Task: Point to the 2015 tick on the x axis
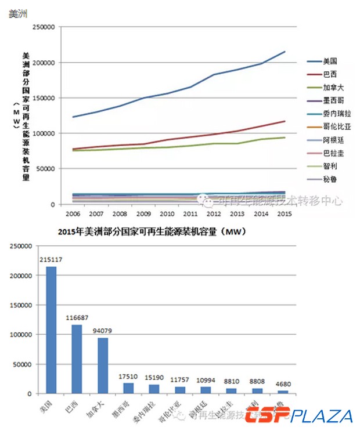(285, 212)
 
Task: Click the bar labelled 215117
(51, 330)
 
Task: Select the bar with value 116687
(77, 359)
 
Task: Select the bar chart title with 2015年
(153, 232)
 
